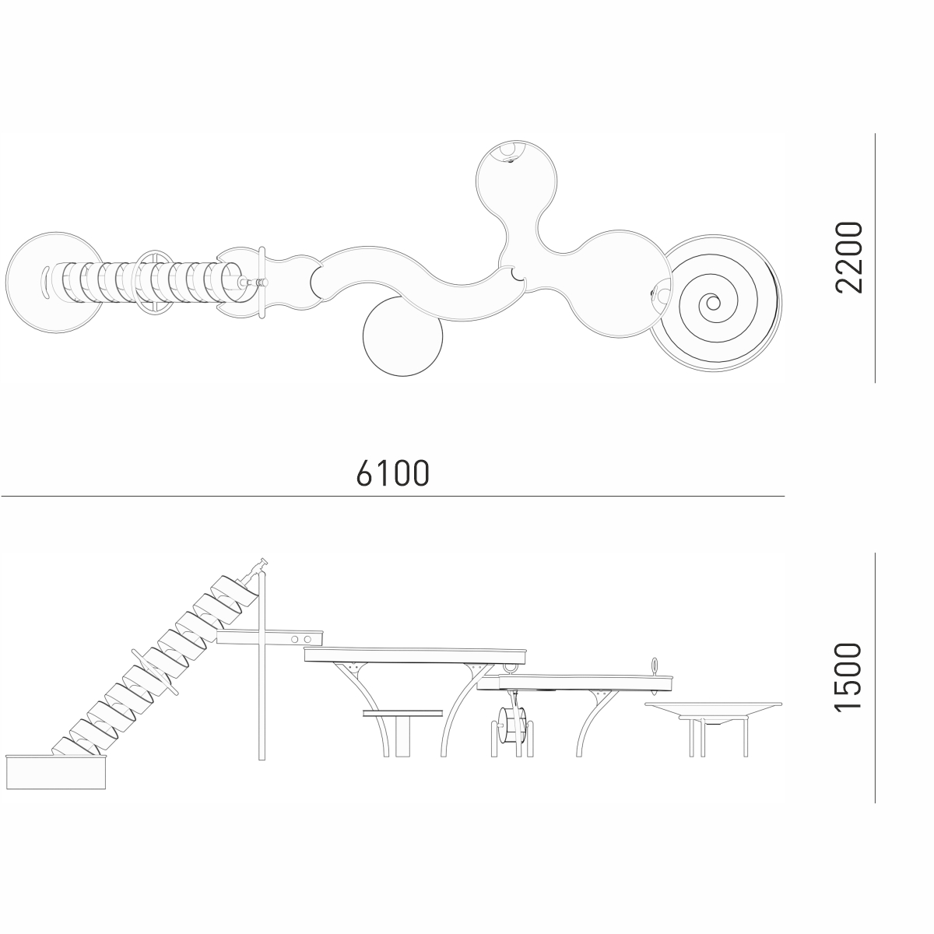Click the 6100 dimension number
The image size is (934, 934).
393,472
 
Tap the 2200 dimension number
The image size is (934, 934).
849,258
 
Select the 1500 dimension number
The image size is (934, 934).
849,678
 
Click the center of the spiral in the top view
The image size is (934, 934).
713,303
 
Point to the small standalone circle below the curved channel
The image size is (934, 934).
402,336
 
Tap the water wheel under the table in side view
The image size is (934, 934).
512,725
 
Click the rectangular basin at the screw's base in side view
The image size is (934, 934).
56,771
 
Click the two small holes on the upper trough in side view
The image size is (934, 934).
300,639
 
